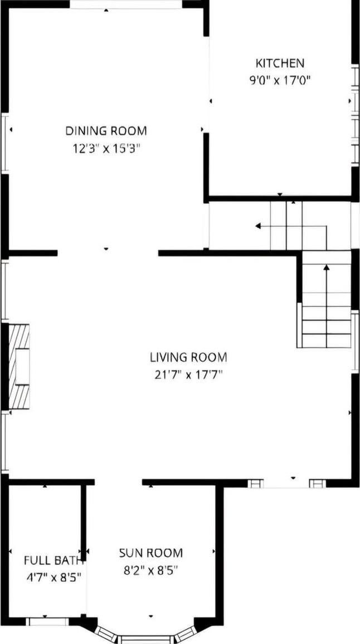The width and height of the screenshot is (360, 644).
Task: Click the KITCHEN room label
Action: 280,63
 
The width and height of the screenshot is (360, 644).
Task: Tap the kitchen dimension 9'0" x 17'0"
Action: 280,80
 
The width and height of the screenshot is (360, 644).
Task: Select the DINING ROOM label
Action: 106,131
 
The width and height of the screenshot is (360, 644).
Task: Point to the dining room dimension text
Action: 106,148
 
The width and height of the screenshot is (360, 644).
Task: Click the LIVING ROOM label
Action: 188,357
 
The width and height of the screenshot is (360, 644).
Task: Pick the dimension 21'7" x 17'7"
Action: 188,374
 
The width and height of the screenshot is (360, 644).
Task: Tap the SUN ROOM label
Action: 150,553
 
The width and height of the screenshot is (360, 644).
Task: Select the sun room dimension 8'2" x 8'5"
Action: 150,570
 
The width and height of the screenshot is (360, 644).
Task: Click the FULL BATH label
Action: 53,559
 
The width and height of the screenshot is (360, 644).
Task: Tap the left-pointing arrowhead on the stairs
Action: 258,226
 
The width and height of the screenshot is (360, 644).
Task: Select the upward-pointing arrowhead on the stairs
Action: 327,267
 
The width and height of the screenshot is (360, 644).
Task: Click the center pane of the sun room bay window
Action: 146,640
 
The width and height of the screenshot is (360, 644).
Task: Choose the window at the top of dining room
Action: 126,4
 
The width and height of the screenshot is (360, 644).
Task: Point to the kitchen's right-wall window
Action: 354,114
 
